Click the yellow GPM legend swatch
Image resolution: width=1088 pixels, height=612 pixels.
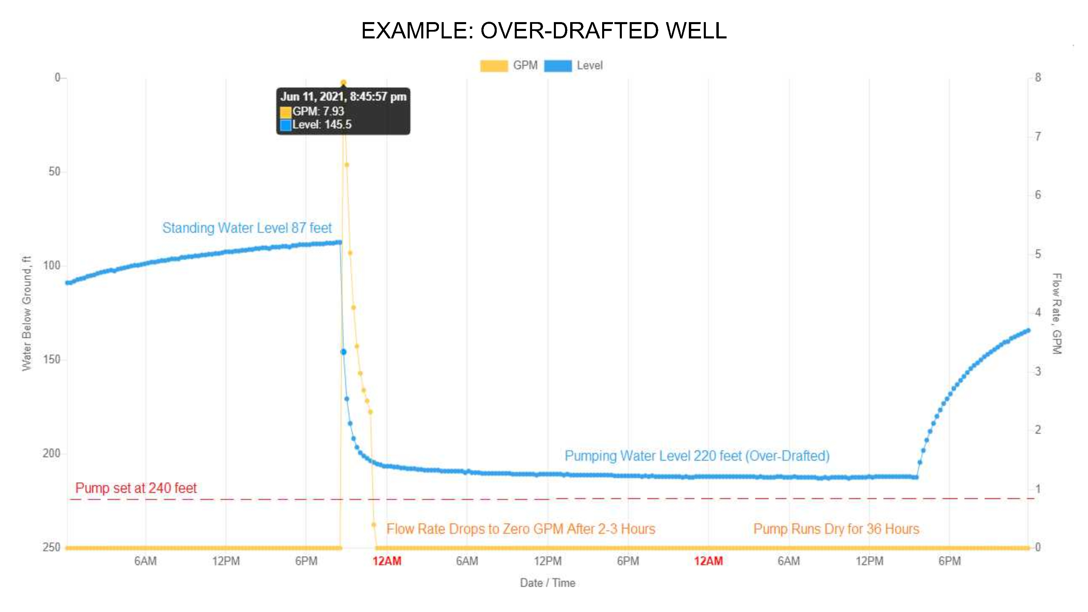[x=494, y=66]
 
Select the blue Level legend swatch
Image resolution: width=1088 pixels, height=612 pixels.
[x=558, y=66]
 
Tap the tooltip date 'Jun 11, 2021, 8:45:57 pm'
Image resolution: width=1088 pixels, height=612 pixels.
[x=343, y=97]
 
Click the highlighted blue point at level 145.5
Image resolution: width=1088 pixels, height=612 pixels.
[x=343, y=352]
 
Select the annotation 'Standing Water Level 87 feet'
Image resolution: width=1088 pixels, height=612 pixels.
[x=247, y=228]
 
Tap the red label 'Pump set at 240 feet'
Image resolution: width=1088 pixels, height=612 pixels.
[x=136, y=488]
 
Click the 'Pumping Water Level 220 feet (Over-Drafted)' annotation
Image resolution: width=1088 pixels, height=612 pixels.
[x=697, y=456]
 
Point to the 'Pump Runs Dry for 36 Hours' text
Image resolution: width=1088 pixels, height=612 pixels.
[x=836, y=529]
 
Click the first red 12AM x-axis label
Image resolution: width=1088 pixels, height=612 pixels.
[x=387, y=561]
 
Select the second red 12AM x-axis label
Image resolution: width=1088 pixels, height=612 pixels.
[x=708, y=561]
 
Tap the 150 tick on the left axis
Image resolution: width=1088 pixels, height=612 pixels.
[x=52, y=359]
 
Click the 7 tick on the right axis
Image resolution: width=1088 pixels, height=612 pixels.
[x=1038, y=136]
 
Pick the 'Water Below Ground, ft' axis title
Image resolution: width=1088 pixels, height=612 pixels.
[x=27, y=313]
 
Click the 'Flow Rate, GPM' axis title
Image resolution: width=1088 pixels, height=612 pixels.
[x=1056, y=313]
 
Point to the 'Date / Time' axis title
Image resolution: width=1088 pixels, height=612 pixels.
[x=547, y=583]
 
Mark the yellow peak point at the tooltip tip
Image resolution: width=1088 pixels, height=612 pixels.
[x=343, y=83]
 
